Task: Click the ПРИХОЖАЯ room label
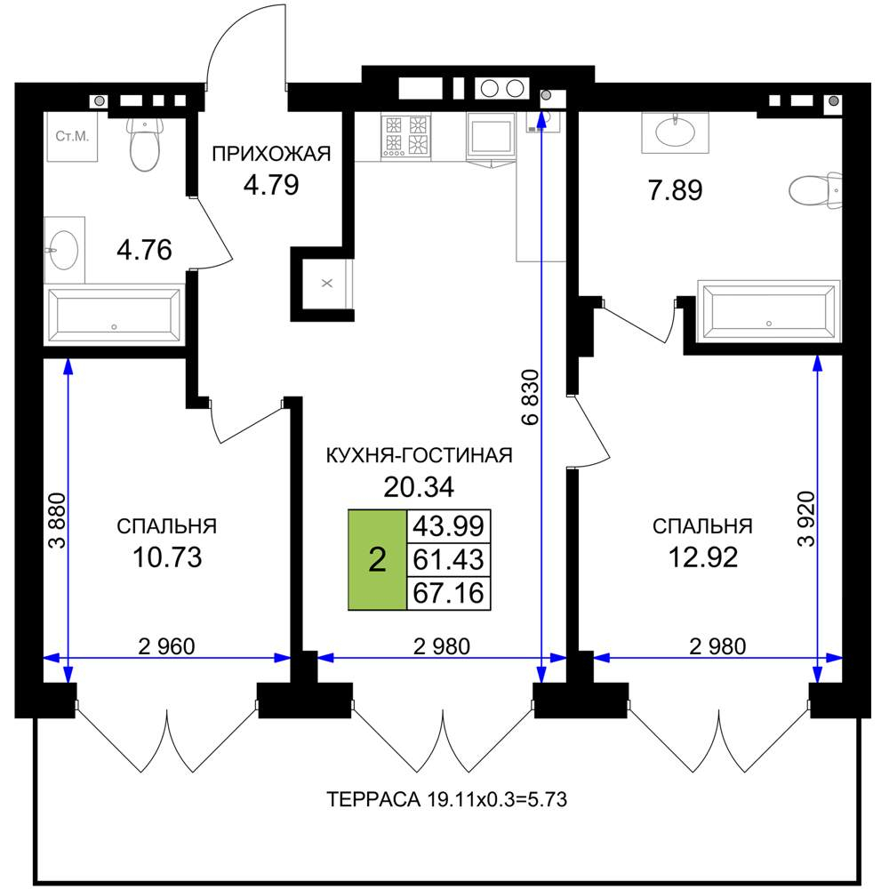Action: (271, 154)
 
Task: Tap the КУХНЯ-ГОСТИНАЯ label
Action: (419, 455)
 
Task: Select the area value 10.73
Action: (167, 557)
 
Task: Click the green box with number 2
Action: (377, 559)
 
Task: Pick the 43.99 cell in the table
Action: (448, 525)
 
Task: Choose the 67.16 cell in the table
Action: (448, 593)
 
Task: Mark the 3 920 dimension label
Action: (805, 518)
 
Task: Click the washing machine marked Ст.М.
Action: (71, 137)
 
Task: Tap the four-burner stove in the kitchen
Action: (406, 136)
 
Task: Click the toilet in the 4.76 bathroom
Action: (145, 143)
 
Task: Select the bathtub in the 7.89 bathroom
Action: (769, 310)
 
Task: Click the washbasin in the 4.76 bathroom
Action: (64, 250)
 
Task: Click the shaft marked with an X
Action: (327, 284)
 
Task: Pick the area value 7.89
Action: (676, 190)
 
